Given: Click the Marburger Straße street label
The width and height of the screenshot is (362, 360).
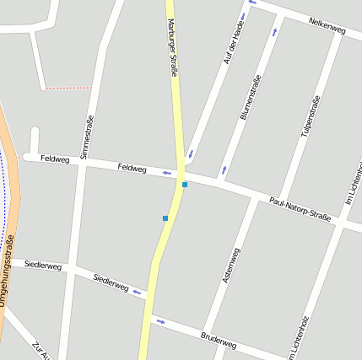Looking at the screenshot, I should (172, 49).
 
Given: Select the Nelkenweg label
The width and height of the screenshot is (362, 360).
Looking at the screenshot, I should (327, 26).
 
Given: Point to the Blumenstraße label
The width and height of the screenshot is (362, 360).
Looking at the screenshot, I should (251, 97).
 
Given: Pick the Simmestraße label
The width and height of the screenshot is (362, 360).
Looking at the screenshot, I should (87, 137).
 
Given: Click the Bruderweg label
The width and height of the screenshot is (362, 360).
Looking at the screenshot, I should (219, 340).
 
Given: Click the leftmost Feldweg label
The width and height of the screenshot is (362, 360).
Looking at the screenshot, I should (55, 159).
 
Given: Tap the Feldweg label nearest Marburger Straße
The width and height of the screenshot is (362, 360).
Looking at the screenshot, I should (132, 169).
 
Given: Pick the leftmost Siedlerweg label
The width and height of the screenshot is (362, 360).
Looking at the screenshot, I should (43, 266).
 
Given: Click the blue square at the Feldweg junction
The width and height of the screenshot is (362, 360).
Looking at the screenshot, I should (185, 184).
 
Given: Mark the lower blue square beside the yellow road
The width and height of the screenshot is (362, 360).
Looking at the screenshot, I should (165, 218).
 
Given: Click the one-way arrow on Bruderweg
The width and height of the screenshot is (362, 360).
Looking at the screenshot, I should (159, 321).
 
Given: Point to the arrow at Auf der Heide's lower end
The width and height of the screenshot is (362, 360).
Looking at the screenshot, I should (191, 154).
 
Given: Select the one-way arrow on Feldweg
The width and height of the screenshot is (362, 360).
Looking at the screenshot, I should (167, 174).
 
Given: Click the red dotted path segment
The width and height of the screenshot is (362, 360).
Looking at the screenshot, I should (68, 88).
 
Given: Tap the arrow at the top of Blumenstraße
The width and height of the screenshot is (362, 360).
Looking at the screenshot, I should (274, 32).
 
